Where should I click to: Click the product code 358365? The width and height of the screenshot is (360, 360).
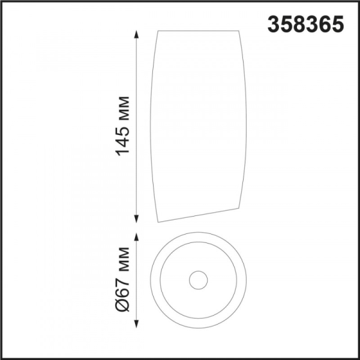tap(305, 25)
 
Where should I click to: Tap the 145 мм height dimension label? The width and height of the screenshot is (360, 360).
tap(122, 126)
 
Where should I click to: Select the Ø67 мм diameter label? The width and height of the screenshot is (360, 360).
tap(122, 280)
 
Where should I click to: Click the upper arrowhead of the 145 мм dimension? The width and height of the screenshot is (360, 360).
tap(137, 35)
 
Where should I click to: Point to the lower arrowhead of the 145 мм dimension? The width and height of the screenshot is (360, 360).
tap(137, 218)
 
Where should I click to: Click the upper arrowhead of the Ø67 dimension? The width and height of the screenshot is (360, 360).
tap(137, 237)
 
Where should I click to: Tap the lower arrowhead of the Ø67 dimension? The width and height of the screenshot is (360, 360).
tap(137, 323)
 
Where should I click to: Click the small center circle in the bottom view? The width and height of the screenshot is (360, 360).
tap(199, 271)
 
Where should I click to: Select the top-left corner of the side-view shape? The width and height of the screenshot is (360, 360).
tap(158, 31)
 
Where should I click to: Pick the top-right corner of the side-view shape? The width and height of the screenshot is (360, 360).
tap(239, 31)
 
